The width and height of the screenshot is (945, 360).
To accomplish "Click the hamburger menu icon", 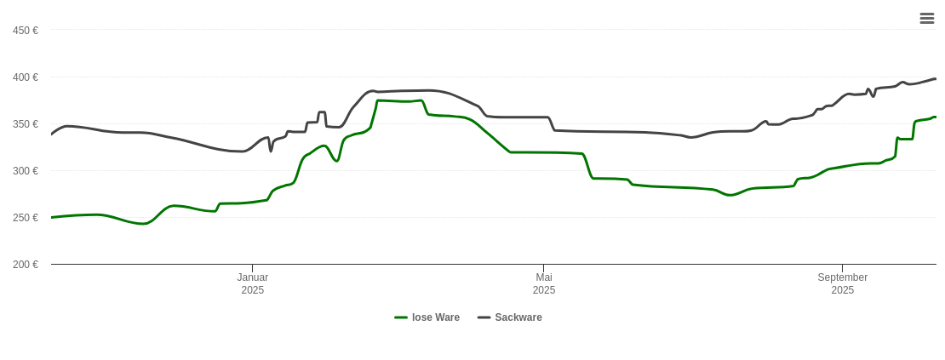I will [926, 18].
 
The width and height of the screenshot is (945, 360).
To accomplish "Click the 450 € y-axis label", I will [26, 31].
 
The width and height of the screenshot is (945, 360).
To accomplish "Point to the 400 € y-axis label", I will [26, 77].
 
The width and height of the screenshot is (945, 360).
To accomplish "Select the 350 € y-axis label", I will [26, 124].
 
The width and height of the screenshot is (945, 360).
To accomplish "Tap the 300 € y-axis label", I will [26, 171].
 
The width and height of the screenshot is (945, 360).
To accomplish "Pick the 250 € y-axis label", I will [26, 218].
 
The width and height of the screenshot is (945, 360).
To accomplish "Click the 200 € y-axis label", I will [26, 265].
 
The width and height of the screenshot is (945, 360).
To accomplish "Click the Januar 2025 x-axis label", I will [253, 283].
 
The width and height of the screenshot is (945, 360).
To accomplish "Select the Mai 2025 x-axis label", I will [544, 283].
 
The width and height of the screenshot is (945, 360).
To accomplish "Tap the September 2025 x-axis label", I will [843, 283].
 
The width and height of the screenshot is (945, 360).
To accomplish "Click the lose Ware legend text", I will [436, 317].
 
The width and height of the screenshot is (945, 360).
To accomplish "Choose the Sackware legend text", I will [518, 317].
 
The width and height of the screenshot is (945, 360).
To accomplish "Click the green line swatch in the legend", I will [401, 317].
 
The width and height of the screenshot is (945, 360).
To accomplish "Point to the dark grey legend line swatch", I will [484, 317].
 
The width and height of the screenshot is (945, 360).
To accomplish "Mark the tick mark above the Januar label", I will [253, 268].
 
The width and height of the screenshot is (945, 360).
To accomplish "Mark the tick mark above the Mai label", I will [544, 268].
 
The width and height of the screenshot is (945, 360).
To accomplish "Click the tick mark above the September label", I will [843, 268].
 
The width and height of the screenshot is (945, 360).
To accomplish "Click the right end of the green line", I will [936, 117].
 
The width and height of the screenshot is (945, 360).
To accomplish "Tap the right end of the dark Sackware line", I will [936, 79].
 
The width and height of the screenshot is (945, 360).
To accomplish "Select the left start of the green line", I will [52, 218].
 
